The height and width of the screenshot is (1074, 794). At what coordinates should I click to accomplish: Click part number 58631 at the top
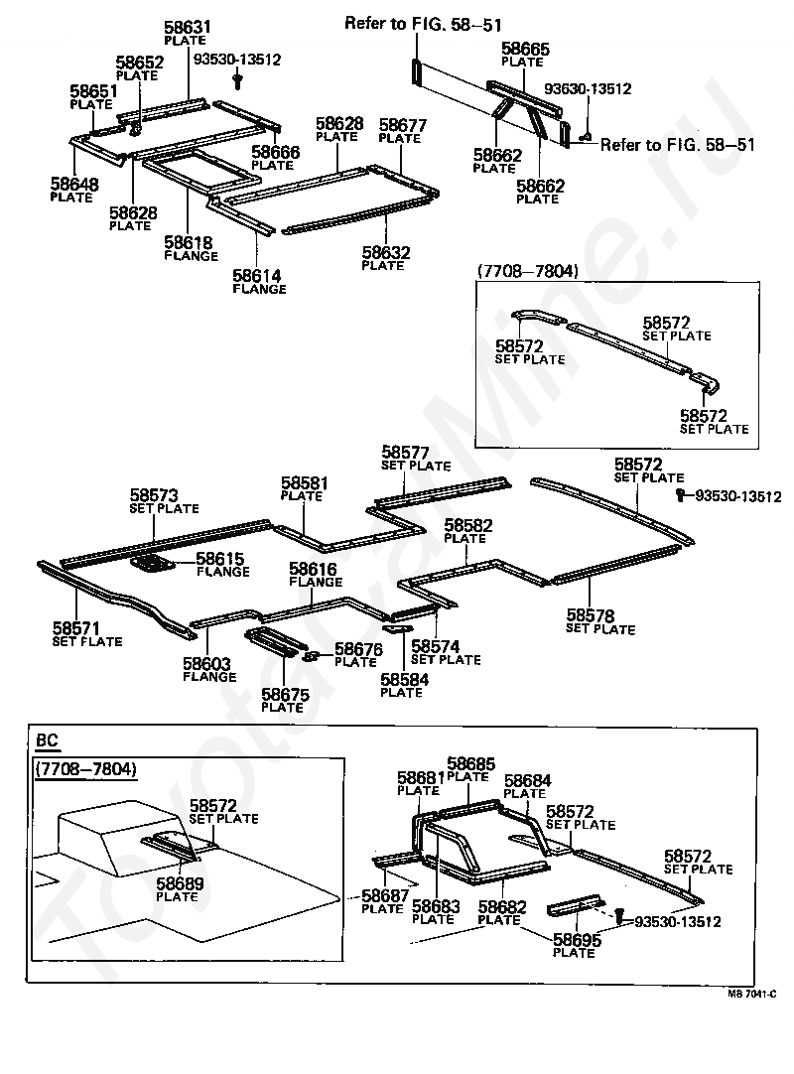click(186, 27)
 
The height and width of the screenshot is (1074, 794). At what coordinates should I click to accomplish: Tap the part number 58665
click(525, 48)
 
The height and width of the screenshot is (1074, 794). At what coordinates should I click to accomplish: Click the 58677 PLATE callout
click(403, 126)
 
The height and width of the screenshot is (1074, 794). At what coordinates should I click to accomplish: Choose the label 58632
click(385, 253)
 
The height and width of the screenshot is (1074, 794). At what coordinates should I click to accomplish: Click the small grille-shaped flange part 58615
click(154, 565)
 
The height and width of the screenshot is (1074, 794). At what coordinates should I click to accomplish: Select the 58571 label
click(76, 628)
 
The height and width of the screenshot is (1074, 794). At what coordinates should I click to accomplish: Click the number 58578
click(591, 615)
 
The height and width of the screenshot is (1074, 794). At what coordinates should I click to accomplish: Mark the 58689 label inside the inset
click(180, 883)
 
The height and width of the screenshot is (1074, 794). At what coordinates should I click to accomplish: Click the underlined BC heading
click(47, 740)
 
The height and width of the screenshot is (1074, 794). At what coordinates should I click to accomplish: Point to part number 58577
click(405, 452)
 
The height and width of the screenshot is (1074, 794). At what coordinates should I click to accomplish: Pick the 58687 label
click(384, 896)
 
